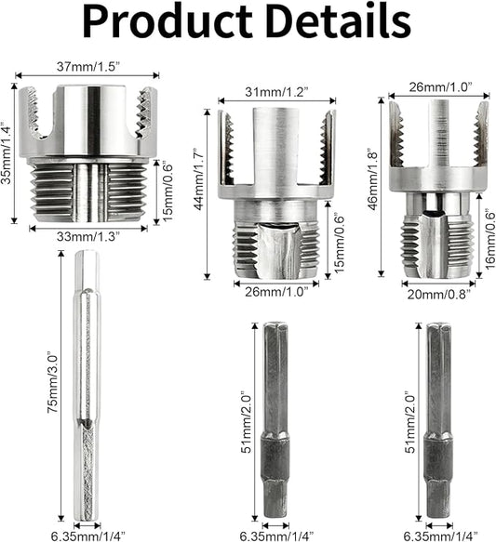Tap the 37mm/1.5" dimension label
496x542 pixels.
[88, 66]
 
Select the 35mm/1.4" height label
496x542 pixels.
[6, 152]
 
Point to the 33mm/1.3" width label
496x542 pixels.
[88, 237]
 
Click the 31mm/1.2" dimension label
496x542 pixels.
[276, 92]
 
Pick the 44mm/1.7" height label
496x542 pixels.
[199, 179]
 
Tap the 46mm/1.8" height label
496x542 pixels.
[373, 179]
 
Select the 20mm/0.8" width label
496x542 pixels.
[439, 295]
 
